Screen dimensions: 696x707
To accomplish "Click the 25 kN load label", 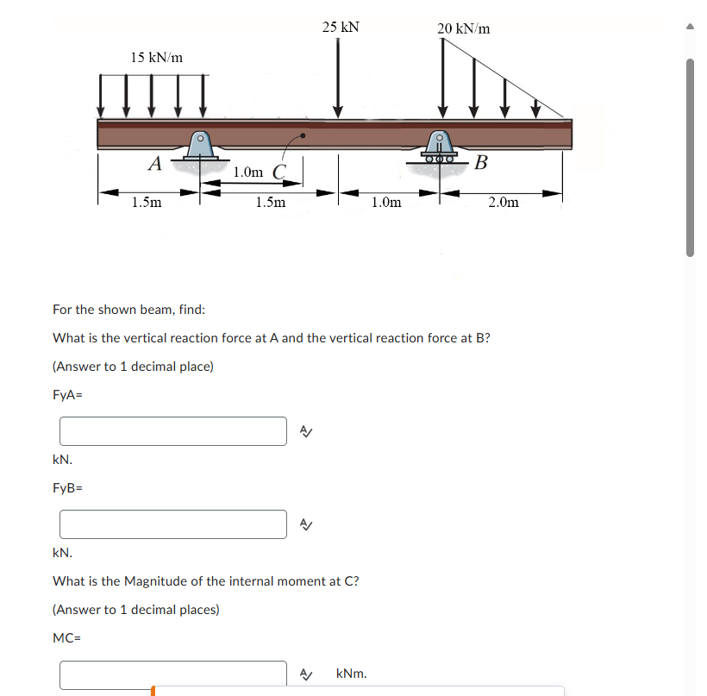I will point(341,27).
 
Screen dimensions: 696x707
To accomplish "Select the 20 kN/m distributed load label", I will point(463,28).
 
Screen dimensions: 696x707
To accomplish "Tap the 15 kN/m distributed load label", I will point(156,57).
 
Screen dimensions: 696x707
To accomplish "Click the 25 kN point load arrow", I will point(338,78).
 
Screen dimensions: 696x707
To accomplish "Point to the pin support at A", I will point(200,147).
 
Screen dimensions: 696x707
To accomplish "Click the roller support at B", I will point(439,148).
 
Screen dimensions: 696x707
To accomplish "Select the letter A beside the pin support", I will point(154,162).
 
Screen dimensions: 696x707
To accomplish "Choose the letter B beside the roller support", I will point(481,162).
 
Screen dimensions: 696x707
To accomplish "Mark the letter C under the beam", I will point(278,171).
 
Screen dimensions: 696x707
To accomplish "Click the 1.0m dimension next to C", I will point(248,172).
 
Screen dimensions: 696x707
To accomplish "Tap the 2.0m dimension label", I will point(503,203).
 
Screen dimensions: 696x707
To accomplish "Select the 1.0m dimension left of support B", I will point(385,203).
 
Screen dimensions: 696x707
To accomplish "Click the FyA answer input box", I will point(172,431).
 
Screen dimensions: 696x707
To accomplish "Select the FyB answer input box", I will point(172,524).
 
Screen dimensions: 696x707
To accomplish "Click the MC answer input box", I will point(172,674).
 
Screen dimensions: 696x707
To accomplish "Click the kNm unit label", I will point(351,673).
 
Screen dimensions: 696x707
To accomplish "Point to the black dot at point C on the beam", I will point(302,136).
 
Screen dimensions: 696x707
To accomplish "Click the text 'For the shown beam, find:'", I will point(128,310).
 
